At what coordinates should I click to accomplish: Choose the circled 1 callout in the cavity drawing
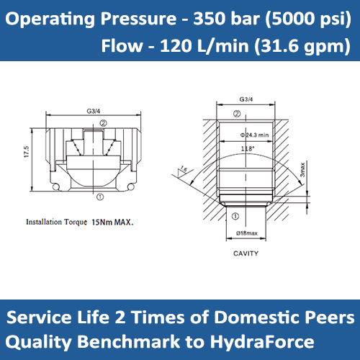(235, 213)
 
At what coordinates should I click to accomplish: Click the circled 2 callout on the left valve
(103, 123)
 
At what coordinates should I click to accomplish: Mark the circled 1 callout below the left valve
(99, 195)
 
